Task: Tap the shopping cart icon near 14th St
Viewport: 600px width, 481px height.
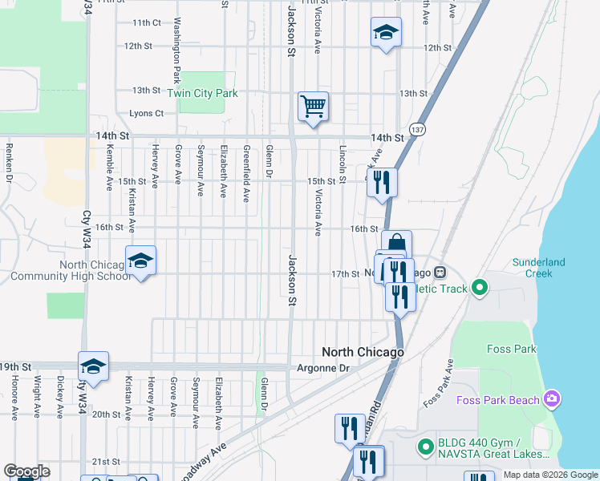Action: click(x=313, y=106)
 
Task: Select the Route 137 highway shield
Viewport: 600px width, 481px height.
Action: click(x=417, y=129)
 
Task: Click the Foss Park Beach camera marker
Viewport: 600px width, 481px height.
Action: click(x=551, y=398)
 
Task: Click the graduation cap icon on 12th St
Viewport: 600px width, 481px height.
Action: click(x=386, y=33)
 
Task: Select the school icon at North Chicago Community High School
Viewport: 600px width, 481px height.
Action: click(x=140, y=261)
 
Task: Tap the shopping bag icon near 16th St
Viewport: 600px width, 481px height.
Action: click(x=396, y=244)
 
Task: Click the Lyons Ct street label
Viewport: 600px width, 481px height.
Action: click(x=146, y=114)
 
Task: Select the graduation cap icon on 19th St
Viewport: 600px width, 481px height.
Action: click(x=93, y=366)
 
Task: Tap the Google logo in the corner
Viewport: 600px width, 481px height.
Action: click(x=26, y=471)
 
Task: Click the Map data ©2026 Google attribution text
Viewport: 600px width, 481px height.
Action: click(x=549, y=475)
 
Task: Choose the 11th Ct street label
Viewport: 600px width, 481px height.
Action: click(x=147, y=22)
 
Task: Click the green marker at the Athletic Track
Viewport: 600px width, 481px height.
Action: click(x=480, y=286)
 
